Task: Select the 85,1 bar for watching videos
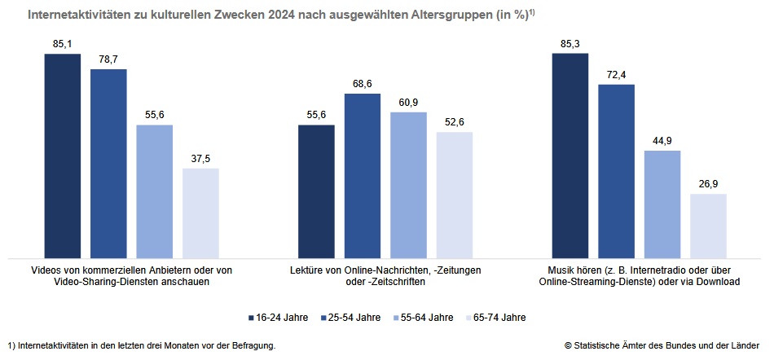pyautogui.click(x=63, y=155)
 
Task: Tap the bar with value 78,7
pyautogui.click(x=108, y=163)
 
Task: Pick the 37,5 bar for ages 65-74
pyautogui.click(x=200, y=212)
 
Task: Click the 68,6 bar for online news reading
pyautogui.click(x=362, y=175)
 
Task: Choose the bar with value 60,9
pyautogui.click(x=408, y=184)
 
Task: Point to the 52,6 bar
pyautogui.click(x=454, y=194)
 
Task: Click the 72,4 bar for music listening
pyautogui.click(x=615, y=170)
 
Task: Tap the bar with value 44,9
pyautogui.click(x=662, y=204)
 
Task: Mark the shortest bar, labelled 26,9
pyautogui.click(x=707, y=225)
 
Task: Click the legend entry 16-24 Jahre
pyautogui.click(x=278, y=317)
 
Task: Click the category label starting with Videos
pyautogui.click(x=131, y=275)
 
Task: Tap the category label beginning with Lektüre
pyautogui.click(x=385, y=275)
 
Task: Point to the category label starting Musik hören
pyautogui.click(x=639, y=275)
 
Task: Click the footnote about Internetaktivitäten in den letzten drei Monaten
pyautogui.click(x=140, y=345)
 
